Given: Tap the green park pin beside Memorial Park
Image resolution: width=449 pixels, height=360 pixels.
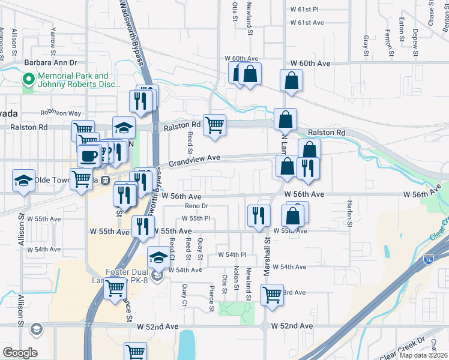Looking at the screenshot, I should coord(28,79).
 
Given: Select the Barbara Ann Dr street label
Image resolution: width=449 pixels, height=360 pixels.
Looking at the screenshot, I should coord(51,62).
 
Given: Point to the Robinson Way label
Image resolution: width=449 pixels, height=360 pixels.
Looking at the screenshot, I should coord(61,113).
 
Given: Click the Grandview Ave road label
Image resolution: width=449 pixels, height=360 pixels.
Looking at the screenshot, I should coord(194,161).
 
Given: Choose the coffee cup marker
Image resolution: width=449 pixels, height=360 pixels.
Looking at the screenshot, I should coord(89,157).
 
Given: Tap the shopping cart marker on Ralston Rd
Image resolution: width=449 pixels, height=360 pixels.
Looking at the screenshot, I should coord(214,125).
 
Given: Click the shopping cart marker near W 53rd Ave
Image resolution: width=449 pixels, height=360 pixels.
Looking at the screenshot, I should coord(272,295).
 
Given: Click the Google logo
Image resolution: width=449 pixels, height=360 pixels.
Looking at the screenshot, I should coord(20,353).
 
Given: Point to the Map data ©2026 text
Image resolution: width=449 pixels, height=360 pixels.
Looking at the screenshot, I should coord(423,355).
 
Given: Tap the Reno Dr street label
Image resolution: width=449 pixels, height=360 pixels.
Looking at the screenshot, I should coord(189,206).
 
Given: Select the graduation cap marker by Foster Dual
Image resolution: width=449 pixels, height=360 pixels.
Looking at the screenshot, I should coord(158,257).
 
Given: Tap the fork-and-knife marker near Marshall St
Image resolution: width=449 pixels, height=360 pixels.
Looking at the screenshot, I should coord(259,216).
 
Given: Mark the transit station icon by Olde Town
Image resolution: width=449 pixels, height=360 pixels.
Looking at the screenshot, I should coord(104,180).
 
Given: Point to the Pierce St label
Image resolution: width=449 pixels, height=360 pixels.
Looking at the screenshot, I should coord(212,298).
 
